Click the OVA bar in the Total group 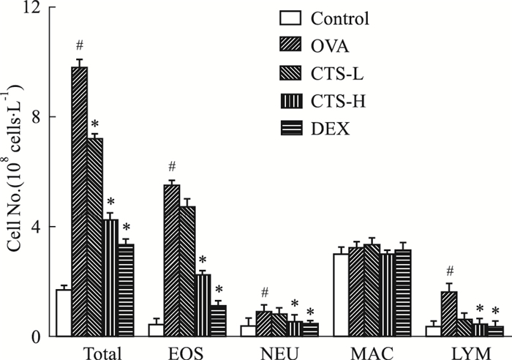[x=79, y=201]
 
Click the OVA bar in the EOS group [x=172, y=260]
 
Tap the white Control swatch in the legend [x=290, y=18]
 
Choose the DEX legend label [x=330, y=130]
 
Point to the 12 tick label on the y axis [x=31, y=9]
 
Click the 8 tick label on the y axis [x=35, y=117]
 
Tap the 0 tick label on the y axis [x=35, y=336]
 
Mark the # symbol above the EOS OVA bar [x=172, y=166]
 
